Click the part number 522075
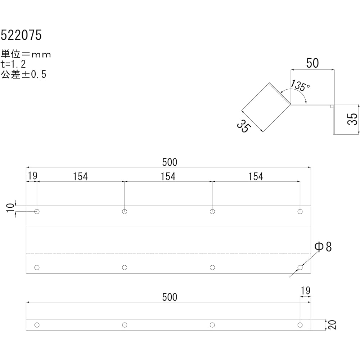click(21, 35)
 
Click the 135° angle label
click(300, 86)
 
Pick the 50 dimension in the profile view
click(312, 63)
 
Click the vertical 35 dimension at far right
click(354, 119)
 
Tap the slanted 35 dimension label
click(243, 126)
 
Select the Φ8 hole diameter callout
click(323, 247)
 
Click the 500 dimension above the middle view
click(170, 162)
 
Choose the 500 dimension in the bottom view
click(170, 297)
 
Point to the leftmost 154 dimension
click(80, 176)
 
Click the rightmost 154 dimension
click(256, 176)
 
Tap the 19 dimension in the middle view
click(32, 176)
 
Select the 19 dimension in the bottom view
click(305, 291)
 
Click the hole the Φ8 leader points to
click(300, 267)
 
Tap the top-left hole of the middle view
click(37, 211)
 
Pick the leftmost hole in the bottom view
click(37, 325)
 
